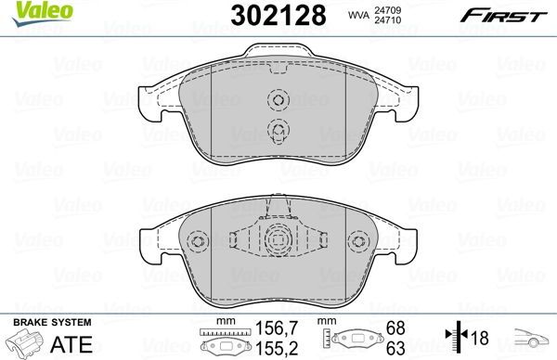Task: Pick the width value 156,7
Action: pos(272,328)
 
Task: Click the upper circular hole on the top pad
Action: pos(276,102)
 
